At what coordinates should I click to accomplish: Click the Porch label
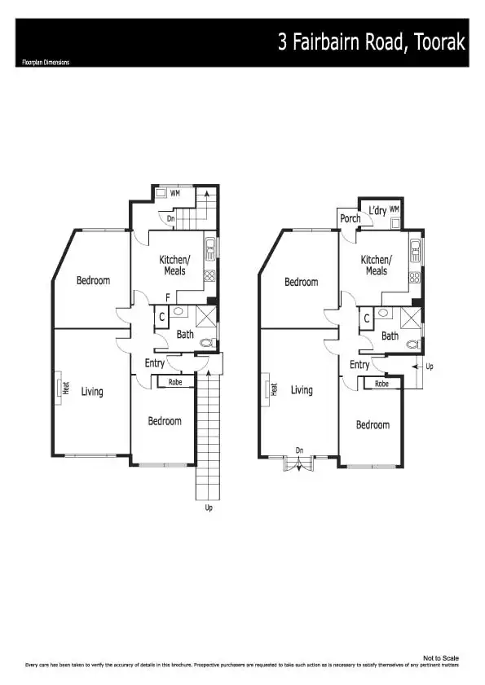351,218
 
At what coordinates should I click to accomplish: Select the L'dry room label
377,211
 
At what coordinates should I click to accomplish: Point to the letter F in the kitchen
167,297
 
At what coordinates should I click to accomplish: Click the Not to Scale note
441,657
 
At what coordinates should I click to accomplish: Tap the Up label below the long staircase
209,507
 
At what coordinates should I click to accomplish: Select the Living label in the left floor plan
92,392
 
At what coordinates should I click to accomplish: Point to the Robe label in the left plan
175,382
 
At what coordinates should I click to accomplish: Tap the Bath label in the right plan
390,336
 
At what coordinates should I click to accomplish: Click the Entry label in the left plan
155,363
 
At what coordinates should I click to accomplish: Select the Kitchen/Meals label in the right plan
377,266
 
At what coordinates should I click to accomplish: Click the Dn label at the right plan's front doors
300,450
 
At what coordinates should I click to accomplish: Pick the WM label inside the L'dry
394,209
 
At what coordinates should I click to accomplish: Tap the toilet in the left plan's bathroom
207,343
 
